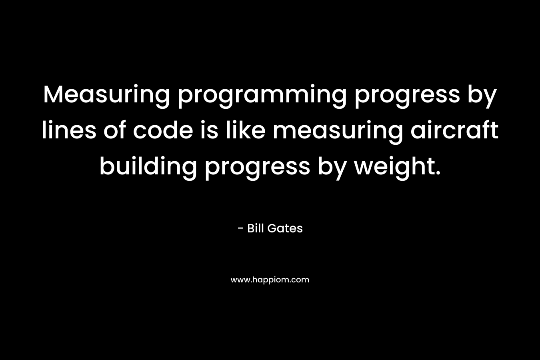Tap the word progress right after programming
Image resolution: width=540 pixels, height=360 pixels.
pos(407,97)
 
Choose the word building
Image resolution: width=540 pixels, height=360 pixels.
pos(148,168)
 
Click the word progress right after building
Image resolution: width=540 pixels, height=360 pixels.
pos(258,169)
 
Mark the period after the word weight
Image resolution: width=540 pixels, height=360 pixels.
pos(438,172)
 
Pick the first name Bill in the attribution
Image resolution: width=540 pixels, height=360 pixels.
pos(255,228)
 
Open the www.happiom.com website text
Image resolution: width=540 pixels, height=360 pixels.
pos(270,280)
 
